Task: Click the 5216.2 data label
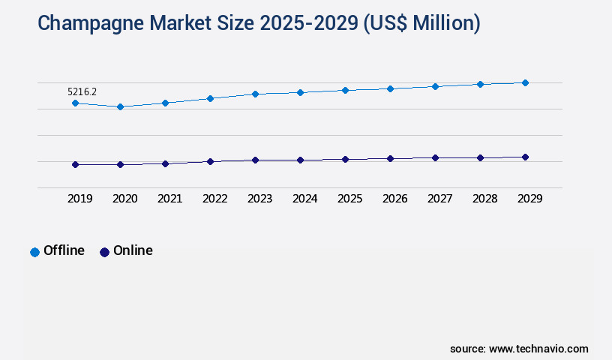[82, 91]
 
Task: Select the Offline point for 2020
[120, 106]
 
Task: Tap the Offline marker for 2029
[525, 82]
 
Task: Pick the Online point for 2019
[75, 164]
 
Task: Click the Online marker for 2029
[525, 157]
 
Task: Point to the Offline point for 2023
[255, 94]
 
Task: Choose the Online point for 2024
[300, 160]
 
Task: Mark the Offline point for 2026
[390, 88]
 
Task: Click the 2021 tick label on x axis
[169, 199]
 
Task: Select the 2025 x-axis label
[349, 199]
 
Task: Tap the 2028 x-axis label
[484, 199]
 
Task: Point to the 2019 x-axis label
[79, 199]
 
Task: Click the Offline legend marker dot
[34, 252]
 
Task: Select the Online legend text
[133, 250]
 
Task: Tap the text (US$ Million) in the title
[421, 23]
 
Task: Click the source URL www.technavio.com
[538, 349]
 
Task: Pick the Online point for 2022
[210, 161]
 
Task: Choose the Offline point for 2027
[435, 86]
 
